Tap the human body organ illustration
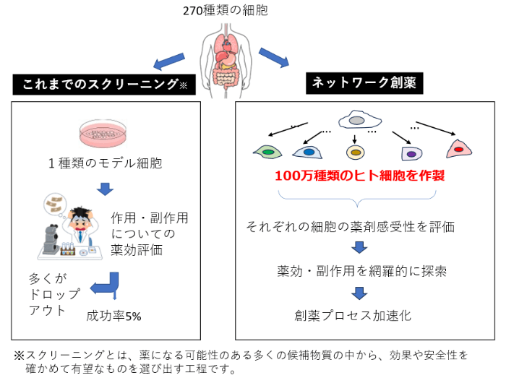pyautogui.click(x=228, y=55)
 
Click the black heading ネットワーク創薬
pyautogui.click(x=365, y=82)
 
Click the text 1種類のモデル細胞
pyautogui.click(x=106, y=163)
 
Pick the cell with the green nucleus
pyautogui.click(x=267, y=152)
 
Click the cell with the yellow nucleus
pyautogui.click(x=355, y=152)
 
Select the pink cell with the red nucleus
pyautogui.click(x=459, y=150)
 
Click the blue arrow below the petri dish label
pyautogui.click(x=106, y=189)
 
